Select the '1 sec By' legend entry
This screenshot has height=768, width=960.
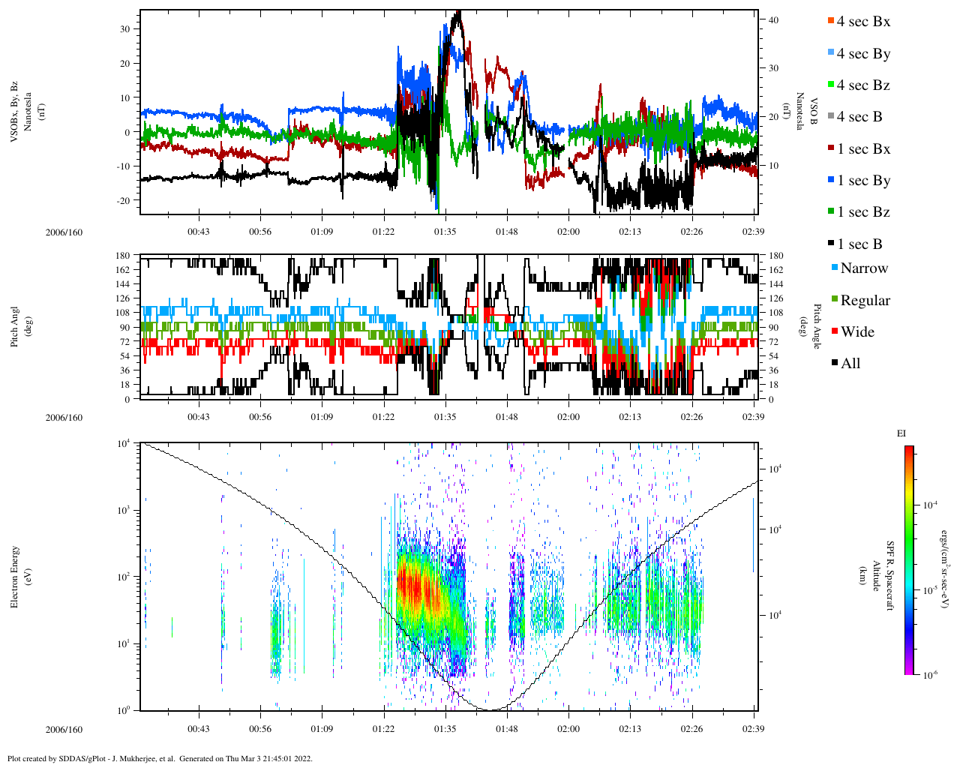point(863,181)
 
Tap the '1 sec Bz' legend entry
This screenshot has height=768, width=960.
point(863,212)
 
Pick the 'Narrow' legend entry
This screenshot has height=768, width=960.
point(863,268)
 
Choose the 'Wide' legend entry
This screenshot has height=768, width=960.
point(856,332)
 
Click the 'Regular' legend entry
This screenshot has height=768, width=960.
point(865,301)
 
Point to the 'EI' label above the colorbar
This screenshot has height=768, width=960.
point(901,433)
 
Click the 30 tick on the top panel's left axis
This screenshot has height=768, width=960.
point(124,28)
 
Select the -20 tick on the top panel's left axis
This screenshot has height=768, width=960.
point(123,200)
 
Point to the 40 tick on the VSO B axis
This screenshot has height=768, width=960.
point(773,20)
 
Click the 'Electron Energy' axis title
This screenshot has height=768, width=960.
point(16,576)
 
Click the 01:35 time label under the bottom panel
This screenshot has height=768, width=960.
point(445,729)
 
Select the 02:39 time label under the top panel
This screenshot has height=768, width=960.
point(753,232)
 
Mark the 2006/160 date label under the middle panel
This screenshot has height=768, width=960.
point(64,418)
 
